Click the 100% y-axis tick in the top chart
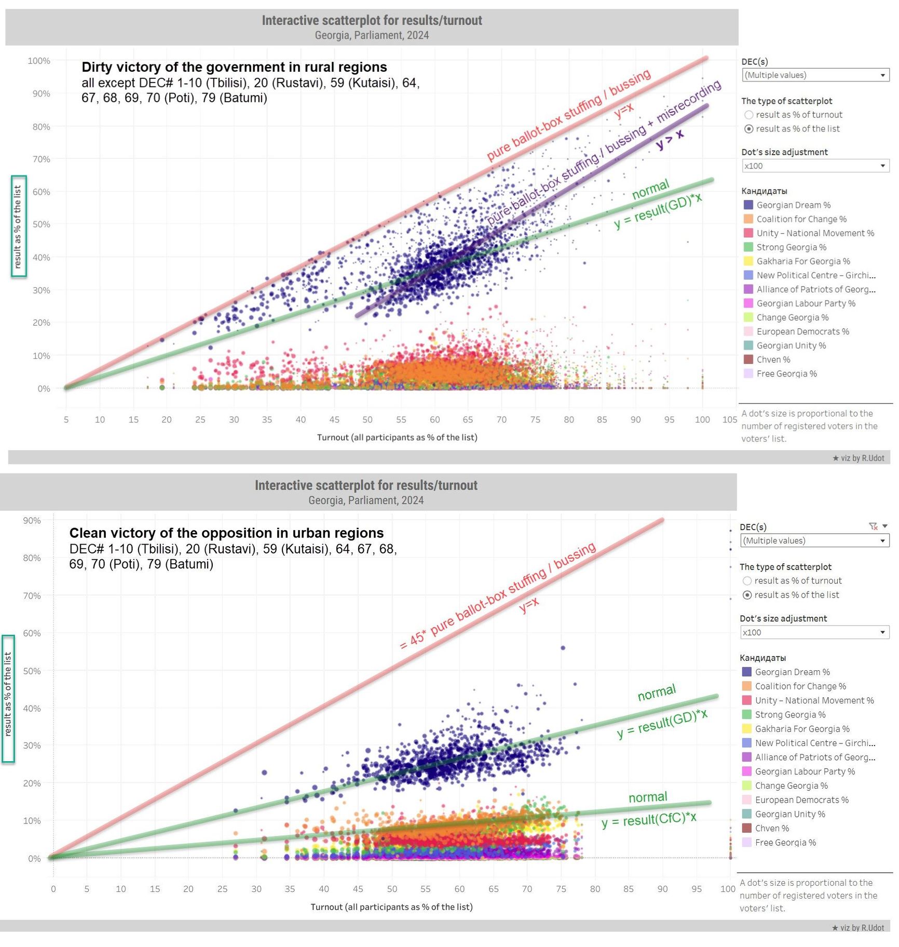pyautogui.click(x=39, y=61)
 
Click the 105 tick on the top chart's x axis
pyautogui.click(x=729, y=420)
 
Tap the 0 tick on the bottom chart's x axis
pyautogui.click(x=53, y=889)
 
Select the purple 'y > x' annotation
pyautogui.click(x=670, y=140)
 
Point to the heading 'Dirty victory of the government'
pyautogui.click(x=234, y=67)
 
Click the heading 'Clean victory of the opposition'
pyautogui.click(x=226, y=533)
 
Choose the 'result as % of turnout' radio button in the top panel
pyautogui.click(x=748, y=115)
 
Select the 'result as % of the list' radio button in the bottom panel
pyautogui.click(x=747, y=595)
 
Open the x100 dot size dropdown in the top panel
pyautogui.click(x=815, y=166)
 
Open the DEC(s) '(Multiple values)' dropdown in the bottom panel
pyautogui.click(x=814, y=540)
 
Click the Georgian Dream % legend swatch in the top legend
pyautogui.click(x=748, y=205)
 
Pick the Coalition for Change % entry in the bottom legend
pyautogui.click(x=800, y=686)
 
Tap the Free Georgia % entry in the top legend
pyautogui.click(x=786, y=374)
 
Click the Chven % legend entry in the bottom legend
pyautogui.click(x=771, y=828)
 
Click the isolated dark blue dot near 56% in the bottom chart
pyautogui.click(x=563, y=648)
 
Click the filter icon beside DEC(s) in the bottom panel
pyautogui.click(x=873, y=526)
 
